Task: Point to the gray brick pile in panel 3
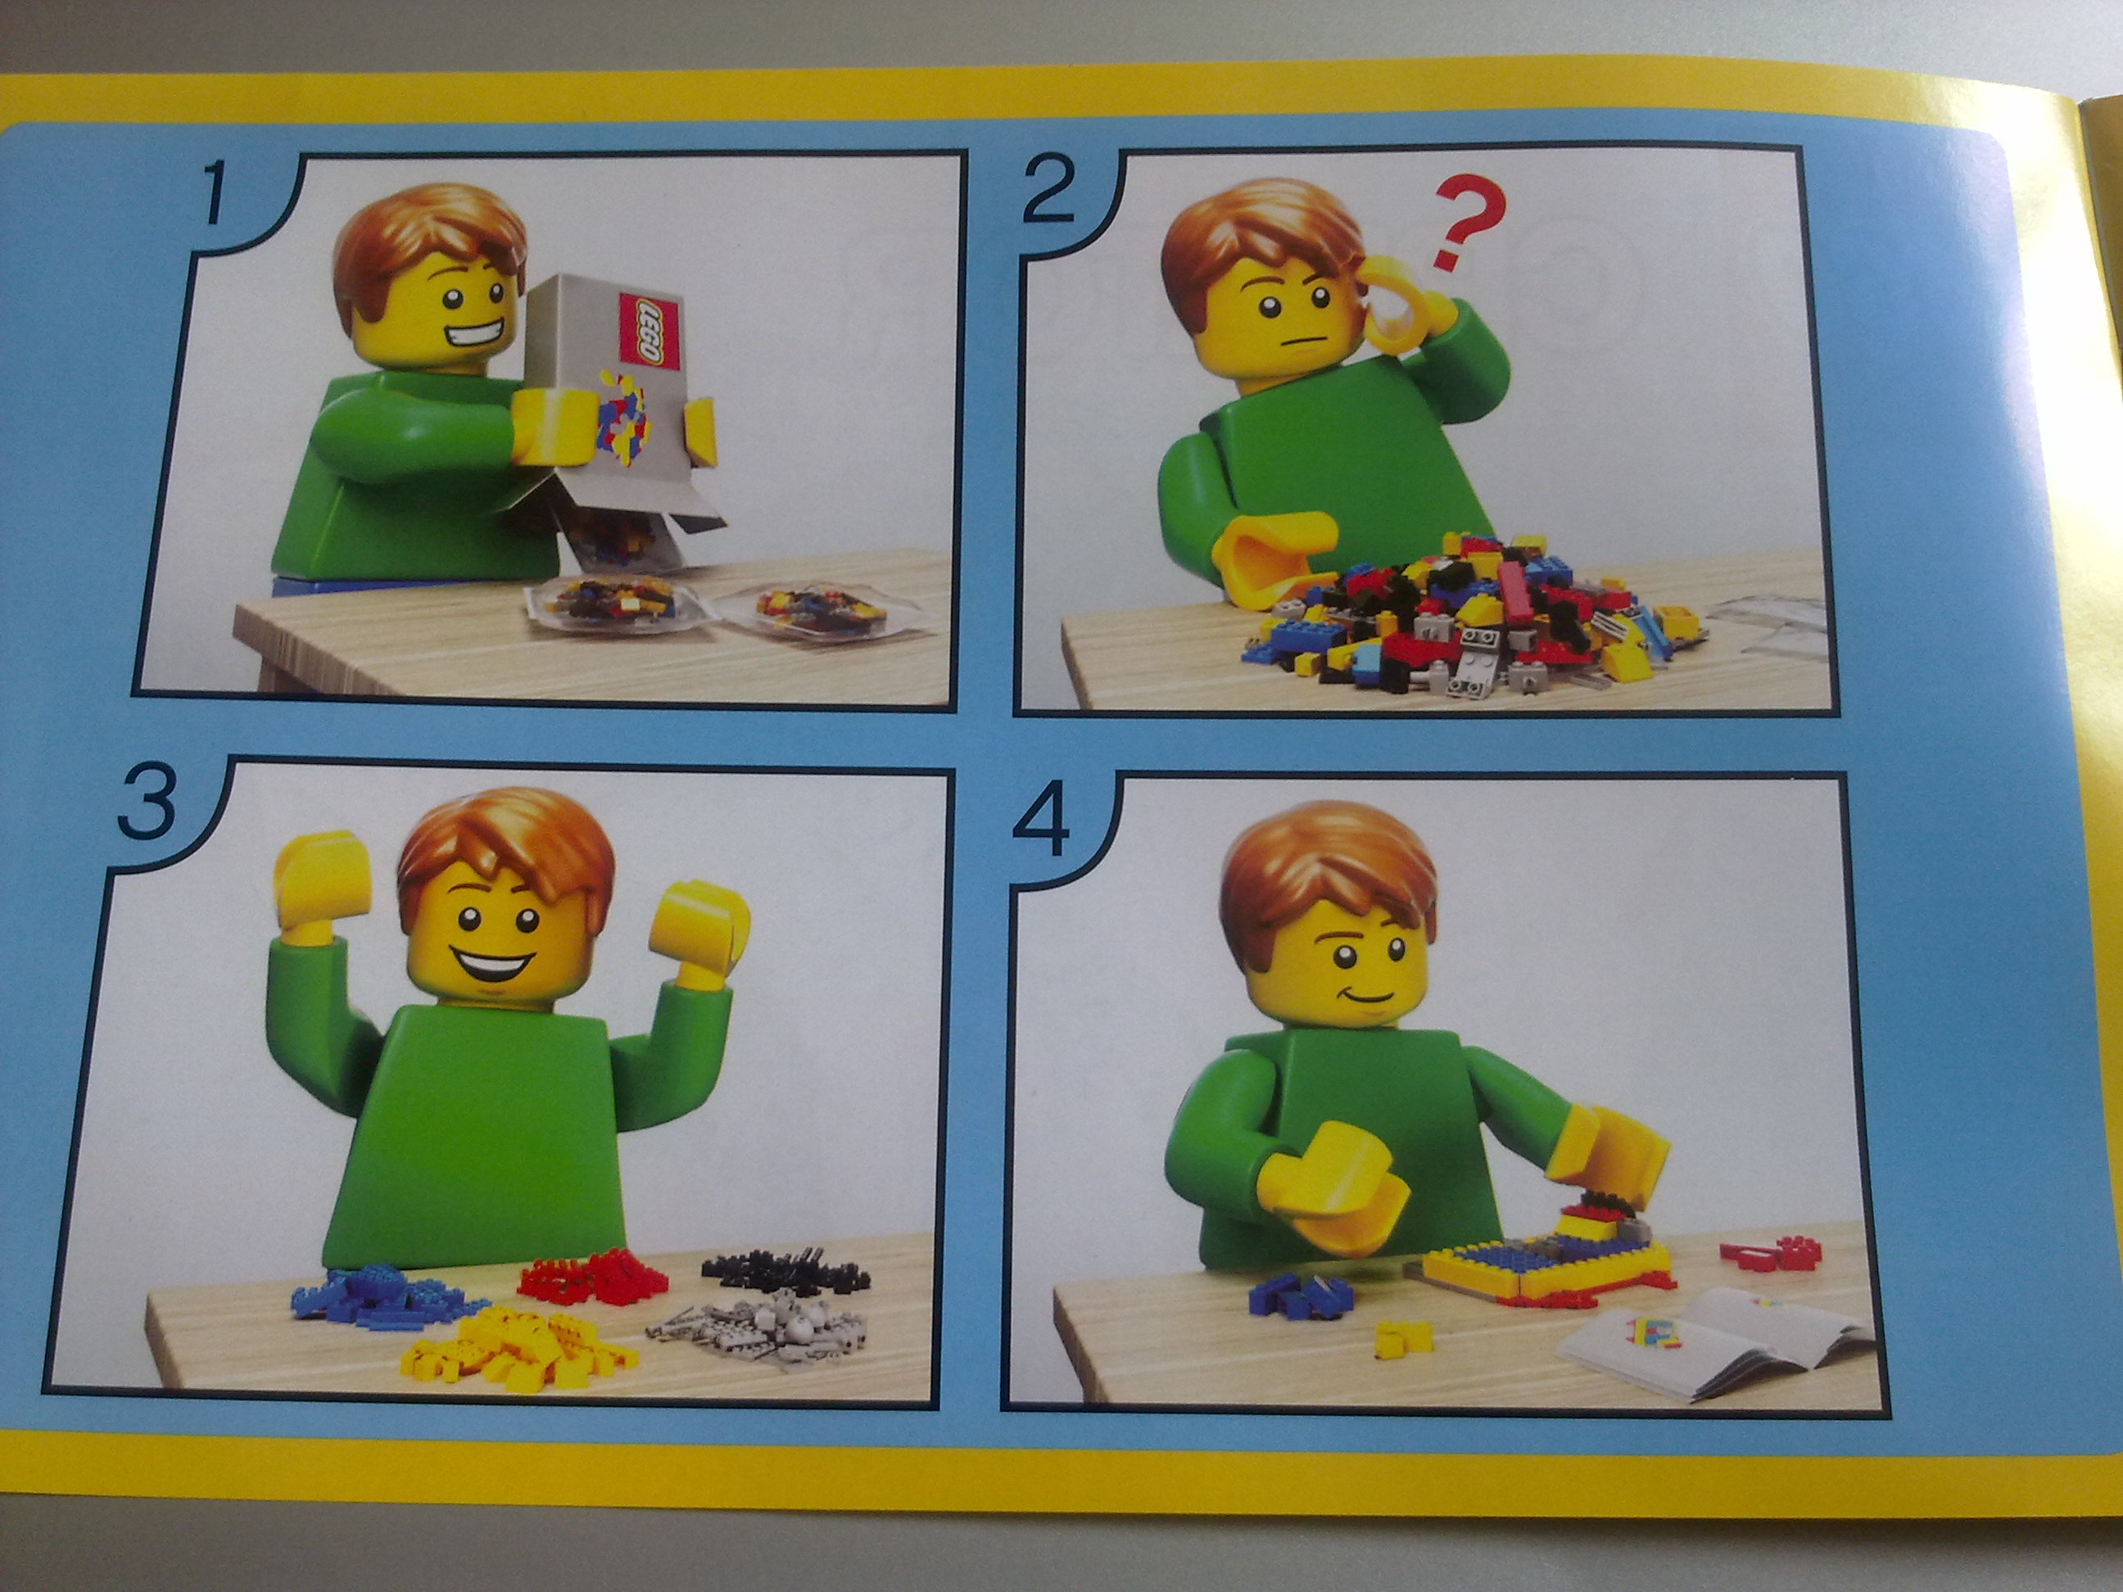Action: (x=758, y=1331)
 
